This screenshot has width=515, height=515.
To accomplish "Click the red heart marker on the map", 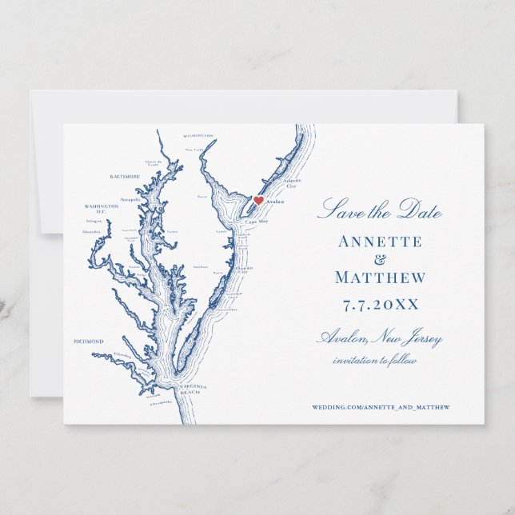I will click(x=258, y=201).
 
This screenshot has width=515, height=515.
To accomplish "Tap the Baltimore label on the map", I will click(x=125, y=176).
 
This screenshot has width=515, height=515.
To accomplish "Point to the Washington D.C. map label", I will click(x=102, y=208).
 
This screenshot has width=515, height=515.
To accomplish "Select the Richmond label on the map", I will click(x=89, y=341).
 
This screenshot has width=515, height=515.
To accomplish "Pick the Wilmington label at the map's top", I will click(x=198, y=137).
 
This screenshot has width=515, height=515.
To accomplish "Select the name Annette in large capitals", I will click(x=380, y=242).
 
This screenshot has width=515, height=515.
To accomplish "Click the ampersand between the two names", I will click(x=380, y=259).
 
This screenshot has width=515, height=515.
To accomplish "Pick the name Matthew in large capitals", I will click(x=380, y=278).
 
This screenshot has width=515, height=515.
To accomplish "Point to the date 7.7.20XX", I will click(x=380, y=305).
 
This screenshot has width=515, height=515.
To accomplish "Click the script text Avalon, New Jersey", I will click(x=380, y=339).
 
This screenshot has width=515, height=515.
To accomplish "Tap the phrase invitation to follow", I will click(x=375, y=361).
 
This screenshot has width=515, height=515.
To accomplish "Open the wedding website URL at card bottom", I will click(x=381, y=407).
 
